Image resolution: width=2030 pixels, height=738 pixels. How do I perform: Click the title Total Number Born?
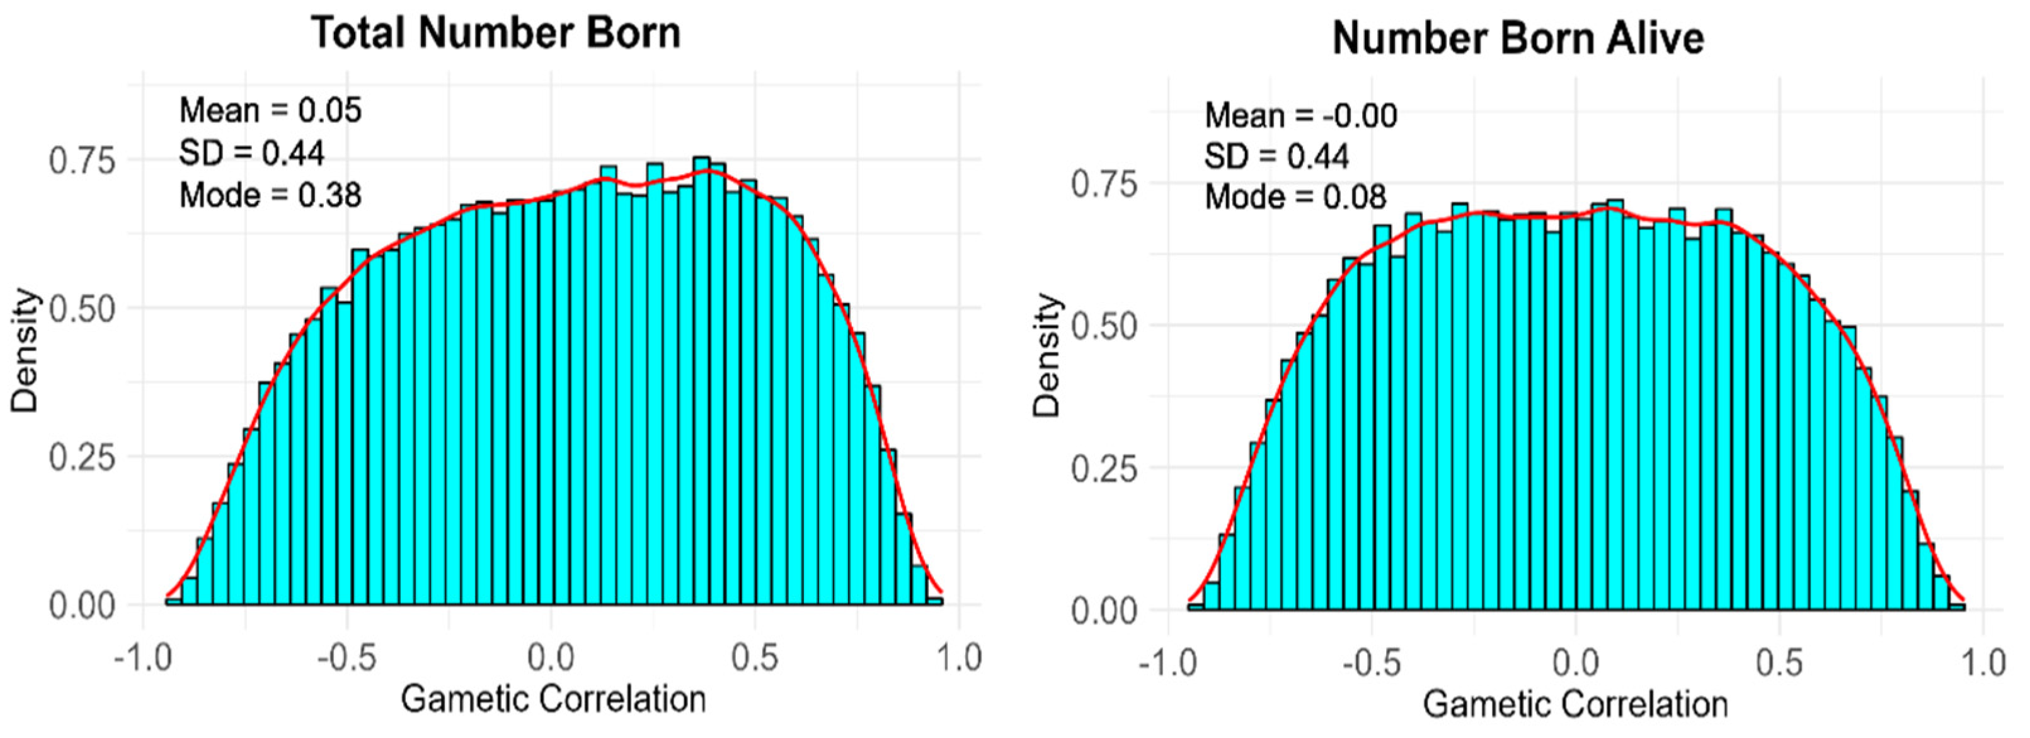[496, 33]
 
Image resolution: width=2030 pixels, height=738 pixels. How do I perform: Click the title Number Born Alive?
[1518, 38]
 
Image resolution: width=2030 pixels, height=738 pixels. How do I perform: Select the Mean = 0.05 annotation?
[270, 111]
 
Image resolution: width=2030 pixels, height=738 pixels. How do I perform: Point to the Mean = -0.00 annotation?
[1300, 116]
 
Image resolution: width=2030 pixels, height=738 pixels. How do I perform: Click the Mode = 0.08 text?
[1295, 197]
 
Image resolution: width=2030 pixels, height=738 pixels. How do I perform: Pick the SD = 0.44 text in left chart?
[251, 153]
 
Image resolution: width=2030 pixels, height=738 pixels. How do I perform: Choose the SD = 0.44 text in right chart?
[1276, 156]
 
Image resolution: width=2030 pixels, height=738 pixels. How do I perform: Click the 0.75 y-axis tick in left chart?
[82, 161]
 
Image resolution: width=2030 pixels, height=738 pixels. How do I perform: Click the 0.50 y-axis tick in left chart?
[82, 309]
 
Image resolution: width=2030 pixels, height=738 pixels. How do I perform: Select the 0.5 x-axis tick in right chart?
[1779, 662]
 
